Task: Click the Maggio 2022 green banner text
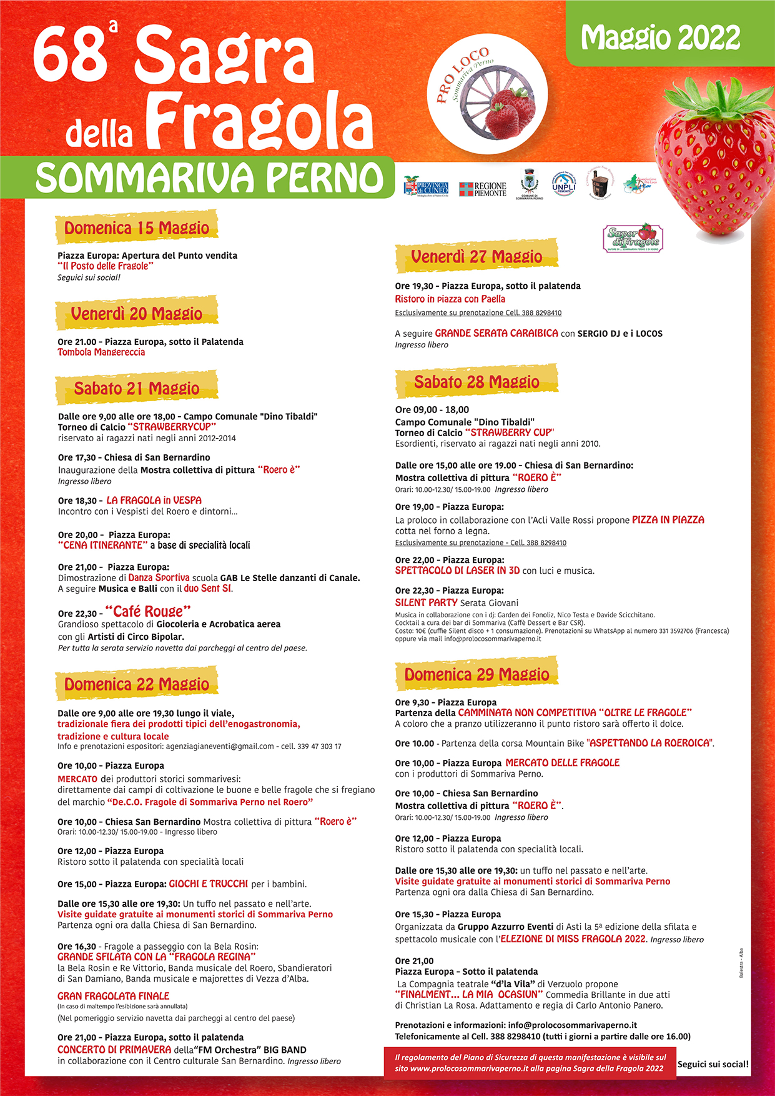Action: pos(660,38)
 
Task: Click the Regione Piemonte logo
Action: pos(482,189)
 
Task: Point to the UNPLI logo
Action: pos(563,184)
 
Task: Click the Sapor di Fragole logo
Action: pos(633,237)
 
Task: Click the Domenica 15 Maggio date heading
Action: pos(137,228)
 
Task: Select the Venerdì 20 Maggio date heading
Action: pos(137,313)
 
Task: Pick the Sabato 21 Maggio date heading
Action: pos(137,388)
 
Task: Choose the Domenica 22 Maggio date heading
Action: pos(137,684)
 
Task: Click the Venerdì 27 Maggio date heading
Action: pos(476,256)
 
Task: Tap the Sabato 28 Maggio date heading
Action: pos(476,382)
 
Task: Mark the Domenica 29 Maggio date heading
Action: pos(476,674)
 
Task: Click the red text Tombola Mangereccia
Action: pos(101,352)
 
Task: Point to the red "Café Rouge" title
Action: pos(147,611)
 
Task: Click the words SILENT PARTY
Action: pos(426,602)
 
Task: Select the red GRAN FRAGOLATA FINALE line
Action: pos(113,996)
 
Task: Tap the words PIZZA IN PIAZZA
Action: pos(668,520)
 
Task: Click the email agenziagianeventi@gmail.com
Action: pos(220,746)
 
